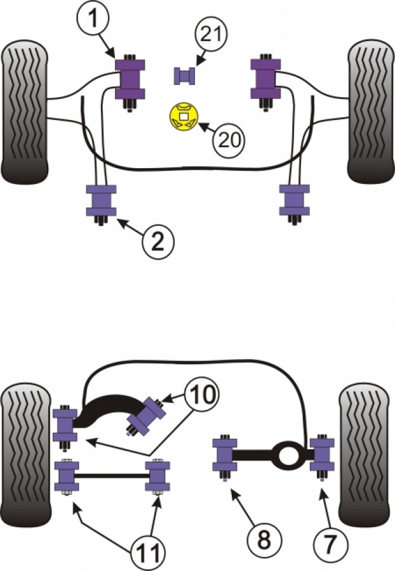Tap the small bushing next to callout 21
point(183,75)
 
